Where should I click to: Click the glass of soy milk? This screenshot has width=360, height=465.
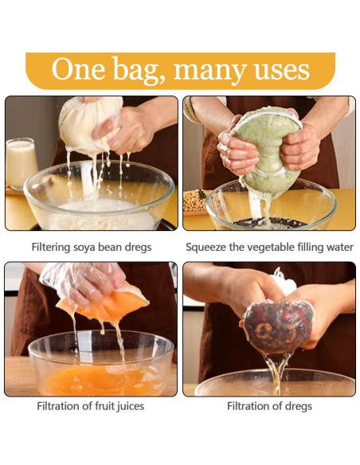(21, 163)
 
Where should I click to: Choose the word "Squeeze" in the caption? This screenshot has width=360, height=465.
(209, 248)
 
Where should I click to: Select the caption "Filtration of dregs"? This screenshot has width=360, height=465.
(269, 406)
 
